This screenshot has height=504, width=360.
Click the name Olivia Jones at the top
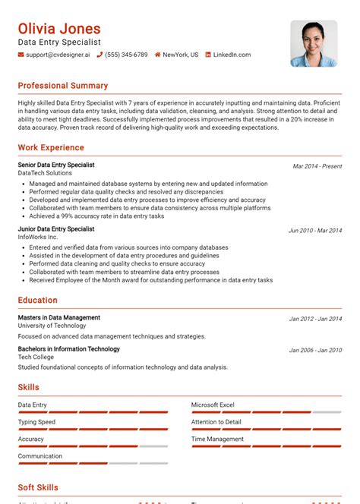point(58,29)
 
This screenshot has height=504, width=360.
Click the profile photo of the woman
point(314,43)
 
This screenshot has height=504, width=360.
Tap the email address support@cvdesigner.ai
point(55,55)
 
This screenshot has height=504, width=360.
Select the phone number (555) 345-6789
point(126,55)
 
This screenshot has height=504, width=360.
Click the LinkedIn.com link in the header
point(232,55)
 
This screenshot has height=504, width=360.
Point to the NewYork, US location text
point(180,55)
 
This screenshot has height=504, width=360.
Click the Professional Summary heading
point(63,86)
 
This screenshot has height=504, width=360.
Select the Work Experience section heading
point(51,148)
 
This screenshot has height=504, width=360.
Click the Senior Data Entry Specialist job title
point(56,165)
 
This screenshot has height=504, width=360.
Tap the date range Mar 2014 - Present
point(317,166)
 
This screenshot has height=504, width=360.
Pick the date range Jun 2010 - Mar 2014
point(314,230)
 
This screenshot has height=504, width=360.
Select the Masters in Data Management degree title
point(59,317)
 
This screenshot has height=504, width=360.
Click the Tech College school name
point(37,358)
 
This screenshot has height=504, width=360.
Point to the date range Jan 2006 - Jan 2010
point(315,351)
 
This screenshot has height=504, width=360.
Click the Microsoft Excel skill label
point(213,405)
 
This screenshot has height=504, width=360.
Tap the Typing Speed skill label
point(36,422)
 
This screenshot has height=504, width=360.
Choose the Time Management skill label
point(217,439)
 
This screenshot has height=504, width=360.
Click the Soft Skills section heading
point(38,488)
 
